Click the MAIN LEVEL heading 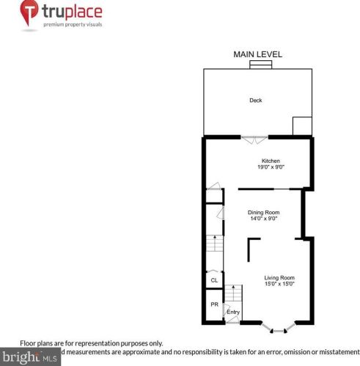click(x=257, y=54)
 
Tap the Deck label click(x=255, y=100)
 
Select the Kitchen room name click(x=271, y=161)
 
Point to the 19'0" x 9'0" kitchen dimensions click(x=271, y=167)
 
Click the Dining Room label click(x=263, y=212)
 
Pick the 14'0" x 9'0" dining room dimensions click(x=263, y=219)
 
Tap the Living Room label click(x=279, y=277)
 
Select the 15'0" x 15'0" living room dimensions click(x=279, y=284)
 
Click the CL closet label click(x=214, y=279)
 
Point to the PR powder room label click(x=214, y=304)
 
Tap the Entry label click(x=233, y=312)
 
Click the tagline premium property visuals click(x=72, y=25)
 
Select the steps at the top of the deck click(x=259, y=65)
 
